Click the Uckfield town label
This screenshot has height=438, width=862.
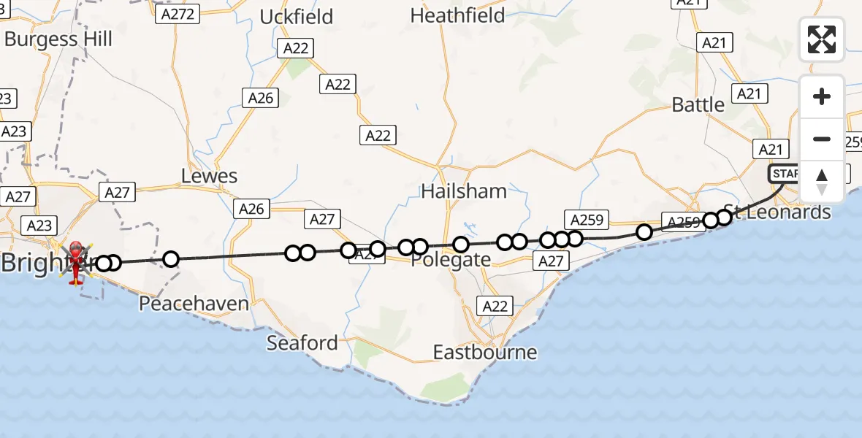pyautogui.click(x=297, y=16)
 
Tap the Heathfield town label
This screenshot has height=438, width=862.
pyautogui.click(x=457, y=15)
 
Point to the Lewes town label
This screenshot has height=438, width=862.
pyautogui.click(x=210, y=176)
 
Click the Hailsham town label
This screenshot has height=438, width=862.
pyautogui.click(x=463, y=191)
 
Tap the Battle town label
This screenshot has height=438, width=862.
pyautogui.click(x=698, y=104)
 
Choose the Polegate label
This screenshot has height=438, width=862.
pyautogui.click(x=451, y=260)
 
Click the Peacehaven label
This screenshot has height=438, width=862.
pyautogui.click(x=194, y=304)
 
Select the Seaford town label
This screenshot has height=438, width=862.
pyautogui.click(x=302, y=342)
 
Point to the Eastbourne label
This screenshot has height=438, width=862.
pyautogui.click(x=484, y=353)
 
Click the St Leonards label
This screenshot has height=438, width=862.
pyautogui.click(x=779, y=212)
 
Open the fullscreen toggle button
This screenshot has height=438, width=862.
pyautogui.click(x=821, y=39)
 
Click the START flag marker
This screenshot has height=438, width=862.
pyautogui.click(x=784, y=174)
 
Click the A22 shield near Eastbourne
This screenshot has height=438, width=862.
pyautogui.click(x=495, y=307)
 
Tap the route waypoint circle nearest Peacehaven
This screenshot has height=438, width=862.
pyautogui.click(x=170, y=259)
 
